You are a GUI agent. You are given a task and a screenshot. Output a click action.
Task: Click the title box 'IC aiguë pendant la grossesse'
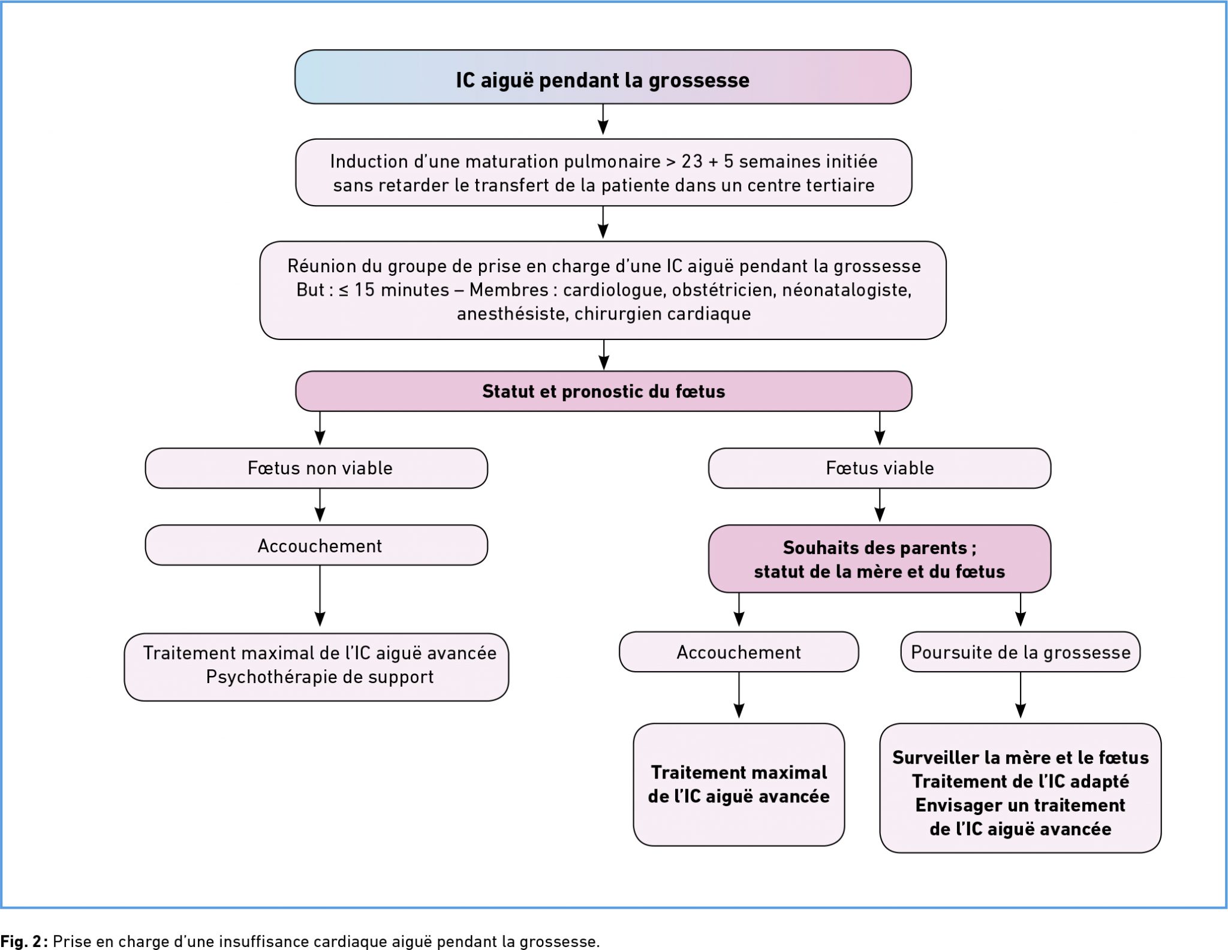click(x=603, y=77)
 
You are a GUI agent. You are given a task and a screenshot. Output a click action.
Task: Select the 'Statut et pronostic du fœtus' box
click(x=603, y=391)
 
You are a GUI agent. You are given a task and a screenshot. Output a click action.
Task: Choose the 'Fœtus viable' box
click(x=879, y=468)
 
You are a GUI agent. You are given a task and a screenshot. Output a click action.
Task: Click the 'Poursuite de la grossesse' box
click(x=1020, y=652)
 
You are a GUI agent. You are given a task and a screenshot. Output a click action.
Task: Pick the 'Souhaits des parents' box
click(x=879, y=559)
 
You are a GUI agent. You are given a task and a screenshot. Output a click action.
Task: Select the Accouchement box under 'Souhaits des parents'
click(x=739, y=652)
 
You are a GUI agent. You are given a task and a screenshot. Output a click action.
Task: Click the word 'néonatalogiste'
click(x=847, y=290)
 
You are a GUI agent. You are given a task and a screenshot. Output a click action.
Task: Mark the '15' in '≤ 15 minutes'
click(x=364, y=290)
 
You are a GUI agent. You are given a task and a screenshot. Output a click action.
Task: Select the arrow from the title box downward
click(x=603, y=119)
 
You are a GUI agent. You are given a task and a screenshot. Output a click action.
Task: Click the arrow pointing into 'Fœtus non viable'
click(x=320, y=428)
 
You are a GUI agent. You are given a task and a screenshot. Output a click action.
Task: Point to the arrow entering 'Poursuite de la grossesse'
click(x=1020, y=609)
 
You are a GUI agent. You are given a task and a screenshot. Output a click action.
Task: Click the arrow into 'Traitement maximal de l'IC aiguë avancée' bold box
click(x=739, y=695)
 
